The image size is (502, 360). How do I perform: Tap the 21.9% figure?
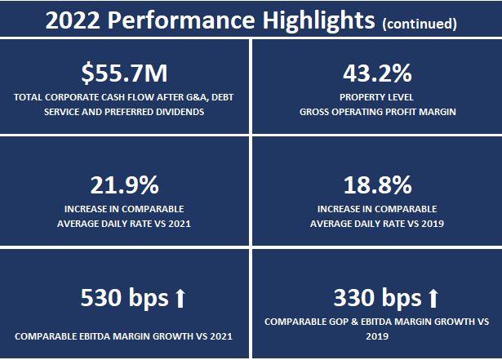point(125,185)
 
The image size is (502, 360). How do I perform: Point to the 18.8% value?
point(376,185)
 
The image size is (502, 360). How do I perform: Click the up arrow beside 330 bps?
point(433,296)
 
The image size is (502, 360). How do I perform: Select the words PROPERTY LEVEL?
point(376,97)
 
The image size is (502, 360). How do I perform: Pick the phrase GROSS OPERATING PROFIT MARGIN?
point(376,110)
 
